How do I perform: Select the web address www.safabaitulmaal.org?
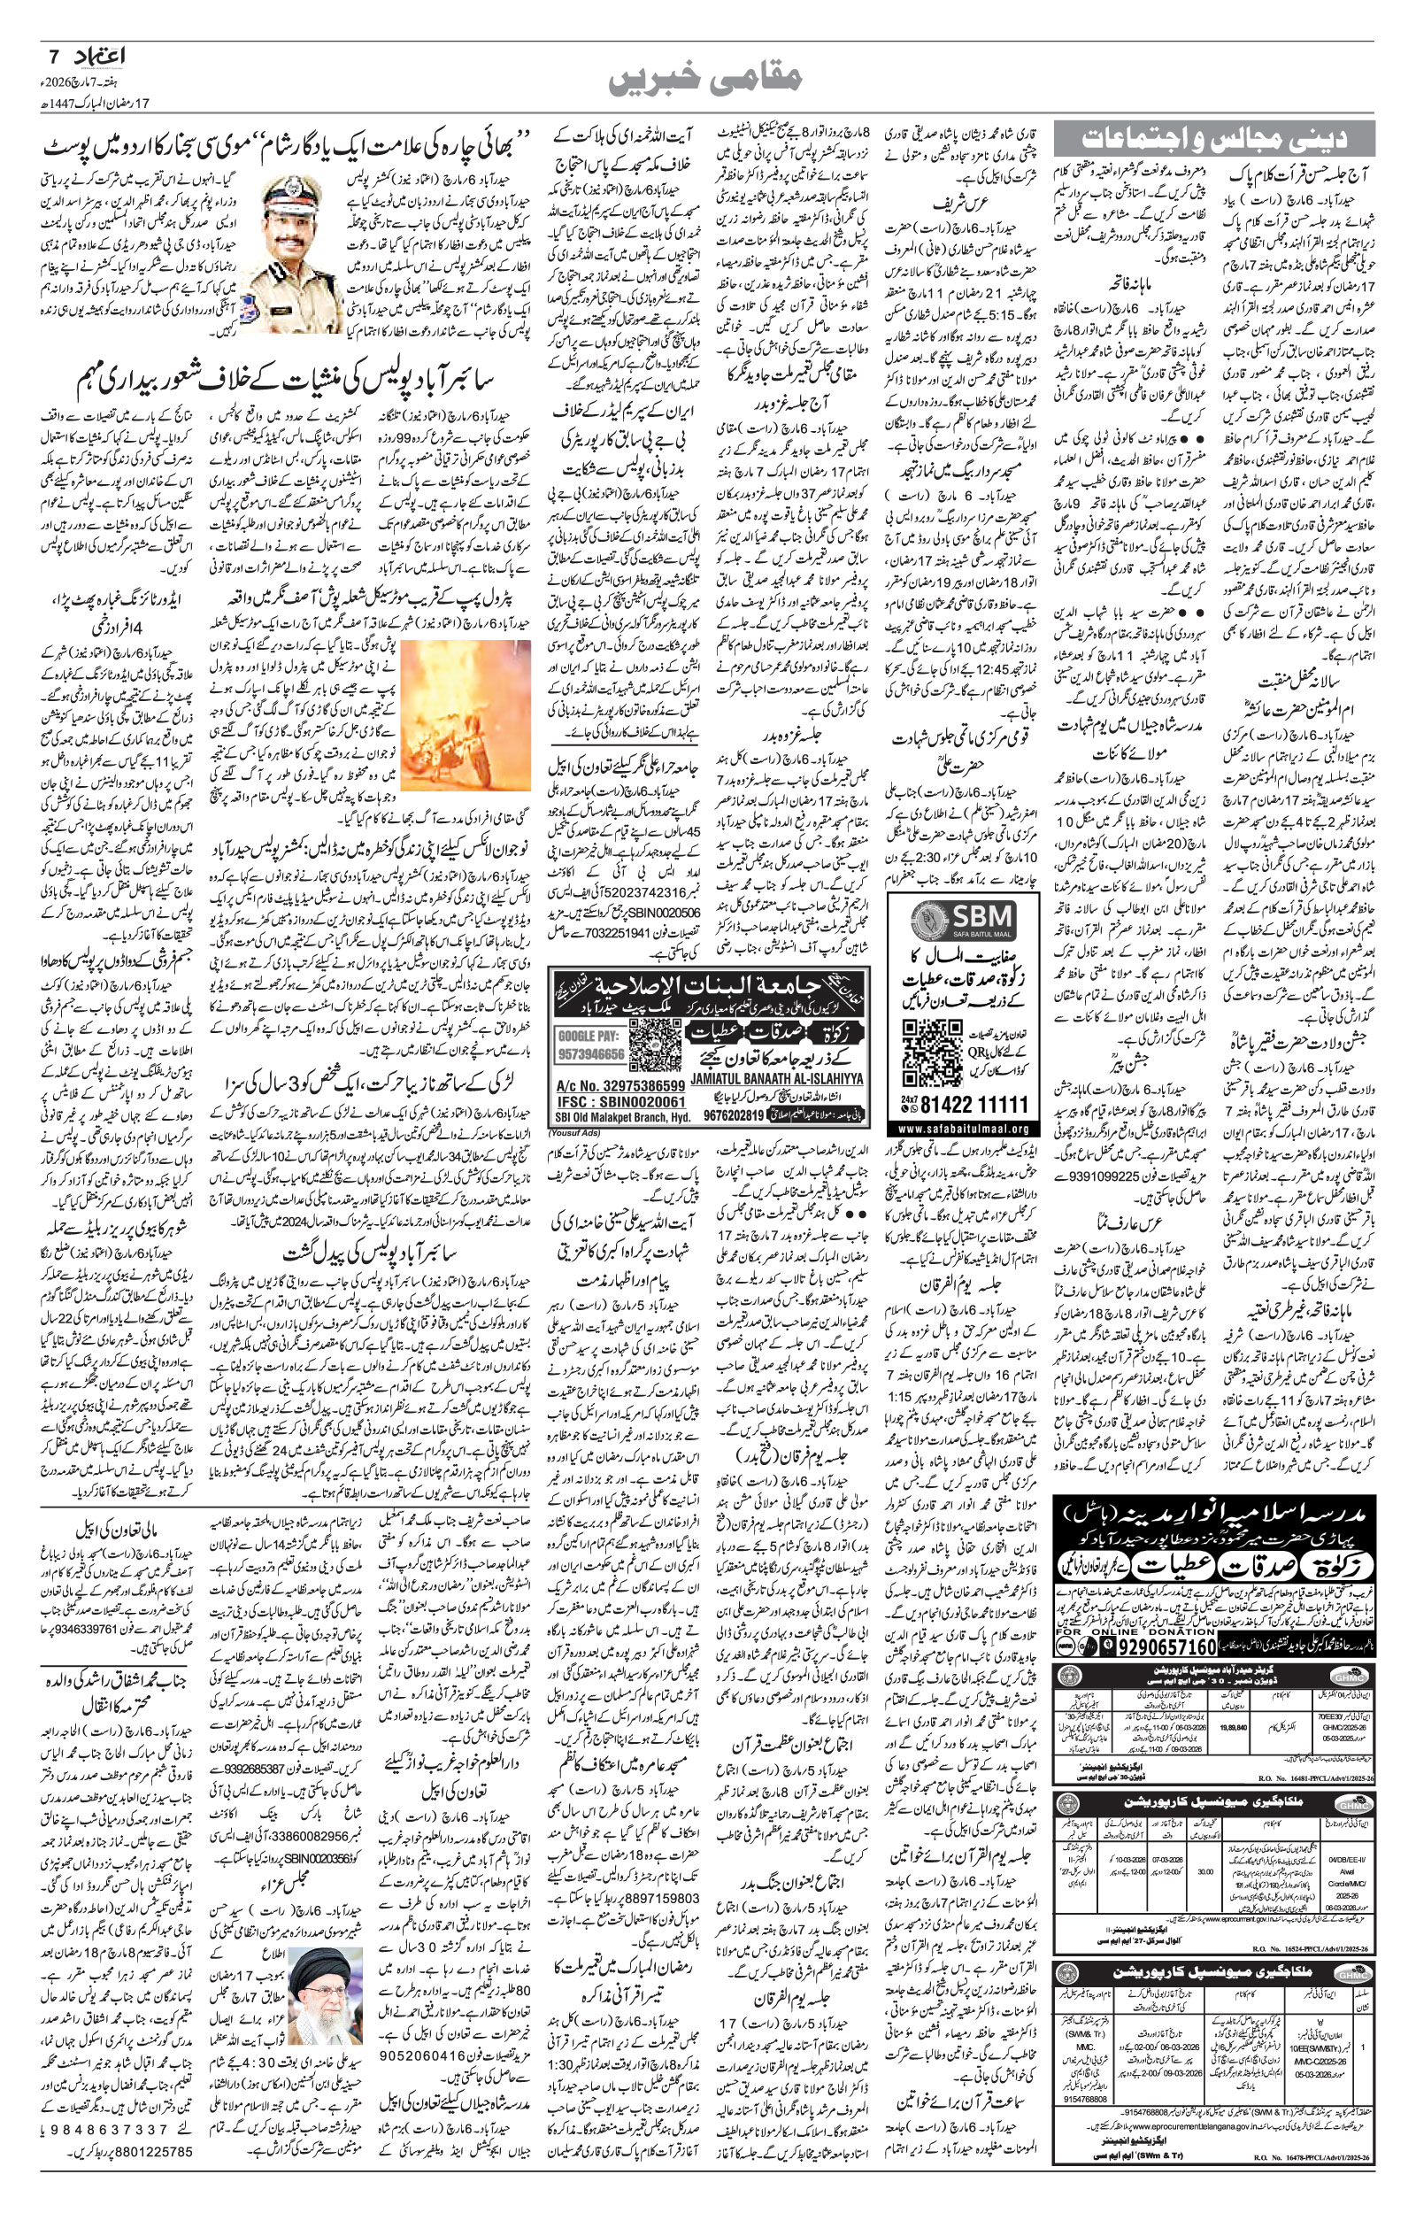963,1127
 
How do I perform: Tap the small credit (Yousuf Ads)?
573,1133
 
